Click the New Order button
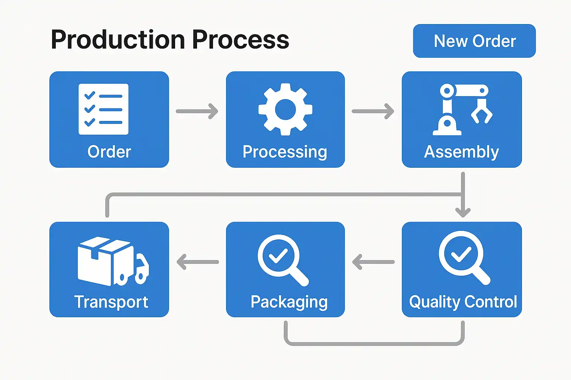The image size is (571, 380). point(474,41)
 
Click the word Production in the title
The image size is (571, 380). point(118,39)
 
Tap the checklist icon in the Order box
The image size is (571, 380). point(103,109)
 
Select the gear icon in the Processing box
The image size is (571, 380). point(285,109)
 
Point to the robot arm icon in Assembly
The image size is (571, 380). point(462,109)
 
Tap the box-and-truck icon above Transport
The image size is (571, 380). point(113,261)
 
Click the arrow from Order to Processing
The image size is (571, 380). point(197,111)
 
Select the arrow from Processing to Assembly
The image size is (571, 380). point(373,111)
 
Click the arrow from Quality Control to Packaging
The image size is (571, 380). point(374,262)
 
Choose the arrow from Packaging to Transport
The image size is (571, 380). point(197,262)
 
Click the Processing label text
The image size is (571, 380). point(285,152)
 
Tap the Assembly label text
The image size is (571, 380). point(461,152)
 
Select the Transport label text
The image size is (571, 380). point(111,302)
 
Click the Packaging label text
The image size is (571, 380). point(289,302)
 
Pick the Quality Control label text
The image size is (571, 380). point(463,302)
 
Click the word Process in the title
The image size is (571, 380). point(241,39)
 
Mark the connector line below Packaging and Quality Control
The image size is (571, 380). point(374,344)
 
